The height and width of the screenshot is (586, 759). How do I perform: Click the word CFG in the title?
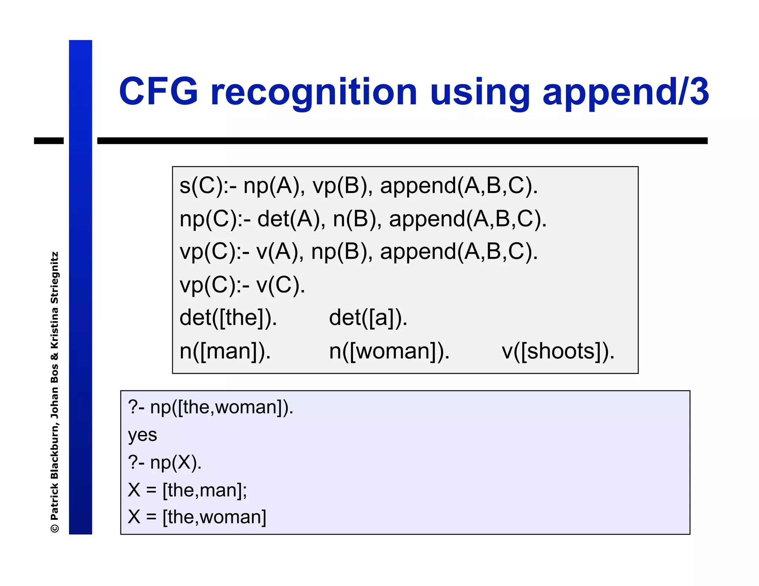pyautogui.click(x=158, y=91)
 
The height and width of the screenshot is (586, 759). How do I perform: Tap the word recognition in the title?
pyautogui.click(x=314, y=93)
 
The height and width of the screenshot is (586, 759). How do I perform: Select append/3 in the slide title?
pyautogui.click(x=626, y=93)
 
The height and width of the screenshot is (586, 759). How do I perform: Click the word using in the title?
pyautogui.click(x=480, y=93)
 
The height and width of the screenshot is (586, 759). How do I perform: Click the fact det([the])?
pyautogui.click(x=228, y=318)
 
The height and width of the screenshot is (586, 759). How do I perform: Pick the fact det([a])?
pyautogui.click(x=368, y=318)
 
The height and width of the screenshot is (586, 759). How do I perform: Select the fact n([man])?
pyautogui.click(x=225, y=351)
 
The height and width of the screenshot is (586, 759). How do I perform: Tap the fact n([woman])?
pyautogui.click(x=389, y=351)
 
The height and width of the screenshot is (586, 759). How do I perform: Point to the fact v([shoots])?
pyautogui.click(x=558, y=351)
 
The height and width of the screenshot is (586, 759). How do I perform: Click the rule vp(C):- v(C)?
pyautogui.click(x=242, y=285)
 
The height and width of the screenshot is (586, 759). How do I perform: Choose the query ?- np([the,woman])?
pyautogui.click(x=211, y=407)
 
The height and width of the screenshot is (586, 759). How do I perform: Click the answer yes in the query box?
pyautogui.click(x=142, y=435)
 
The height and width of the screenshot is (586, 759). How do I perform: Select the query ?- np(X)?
pyautogui.click(x=165, y=462)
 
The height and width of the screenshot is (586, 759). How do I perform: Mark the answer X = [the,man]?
pyautogui.click(x=187, y=490)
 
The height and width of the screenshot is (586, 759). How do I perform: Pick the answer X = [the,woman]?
pyautogui.click(x=197, y=517)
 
